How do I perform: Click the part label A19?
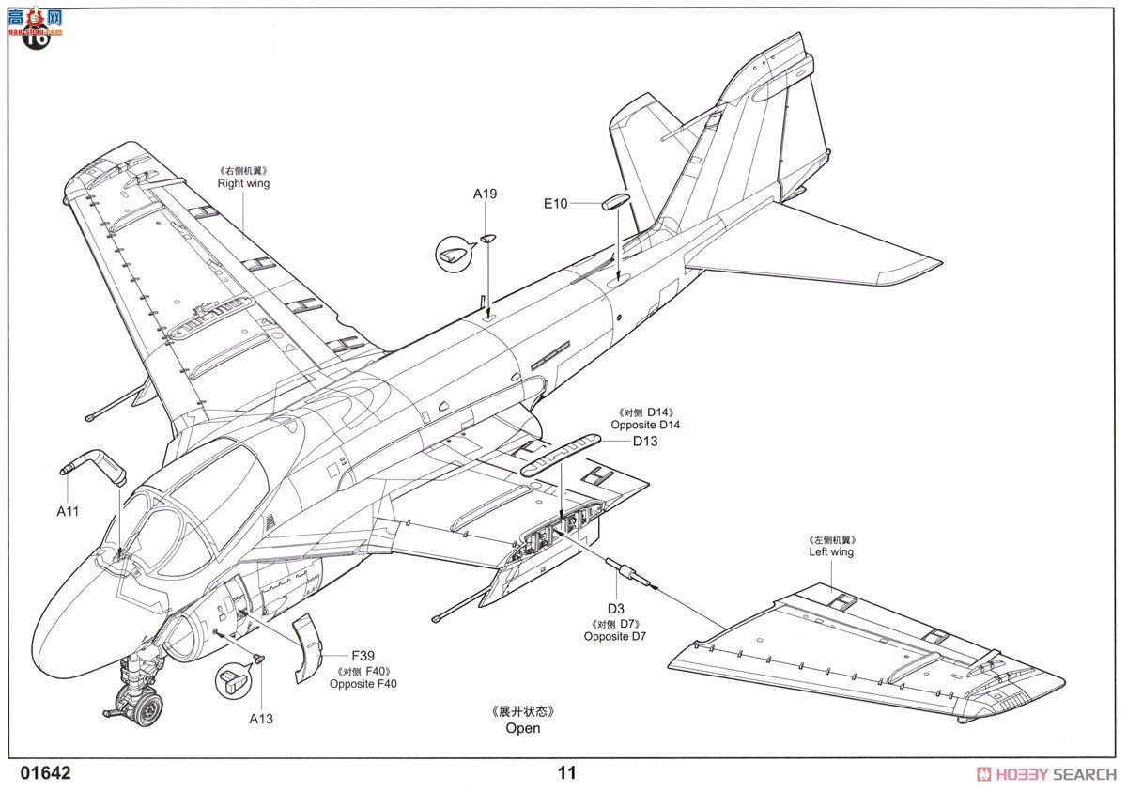[485, 194]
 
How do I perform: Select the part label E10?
[556, 203]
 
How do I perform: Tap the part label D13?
[644, 441]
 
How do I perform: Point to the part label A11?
[68, 511]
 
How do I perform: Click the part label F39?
[363, 655]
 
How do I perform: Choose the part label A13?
[261, 719]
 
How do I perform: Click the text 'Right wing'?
[243, 183]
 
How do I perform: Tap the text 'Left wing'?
[831, 552]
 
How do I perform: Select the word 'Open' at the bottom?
[523, 727]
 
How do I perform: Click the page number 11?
[566, 773]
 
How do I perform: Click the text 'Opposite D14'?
[645, 425]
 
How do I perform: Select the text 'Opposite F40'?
[363, 684]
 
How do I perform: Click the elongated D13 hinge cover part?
[561, 454]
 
